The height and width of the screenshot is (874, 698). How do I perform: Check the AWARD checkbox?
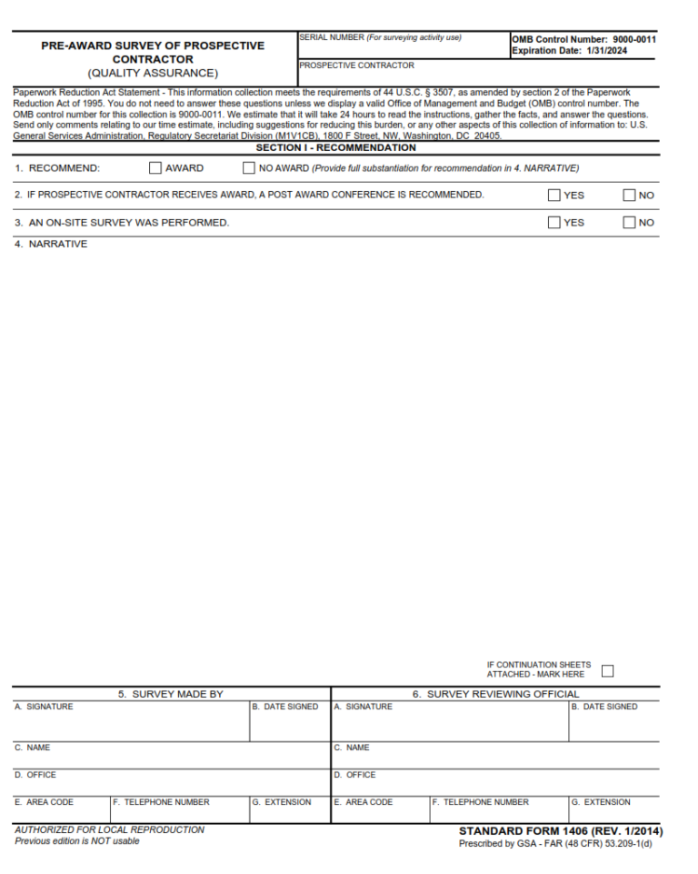(155, 168)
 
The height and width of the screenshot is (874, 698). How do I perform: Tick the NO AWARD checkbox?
(249, 168)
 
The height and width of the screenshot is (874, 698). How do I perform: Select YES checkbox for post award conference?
(554, 195)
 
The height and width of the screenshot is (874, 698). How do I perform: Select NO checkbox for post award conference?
(629, 195)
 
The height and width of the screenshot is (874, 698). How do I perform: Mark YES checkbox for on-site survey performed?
(554, 223)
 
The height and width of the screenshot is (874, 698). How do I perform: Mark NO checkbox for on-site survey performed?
(629, 223)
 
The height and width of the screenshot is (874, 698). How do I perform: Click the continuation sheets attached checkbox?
(608, 671)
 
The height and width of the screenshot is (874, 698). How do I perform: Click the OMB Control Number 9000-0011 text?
(583, 40)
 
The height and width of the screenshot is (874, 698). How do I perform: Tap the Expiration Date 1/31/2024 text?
(569, 51)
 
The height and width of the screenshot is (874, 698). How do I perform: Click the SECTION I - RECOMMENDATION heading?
(335, 147)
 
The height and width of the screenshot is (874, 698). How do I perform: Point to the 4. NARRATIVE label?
(51, 245)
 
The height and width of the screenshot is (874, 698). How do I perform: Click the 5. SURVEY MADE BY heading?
(171, 694)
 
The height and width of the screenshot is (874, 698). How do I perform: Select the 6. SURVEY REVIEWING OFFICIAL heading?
(495, 694)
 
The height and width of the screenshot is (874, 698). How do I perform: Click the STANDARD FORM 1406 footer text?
(560, 831)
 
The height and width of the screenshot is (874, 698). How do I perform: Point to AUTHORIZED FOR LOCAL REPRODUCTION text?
(109, 829)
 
